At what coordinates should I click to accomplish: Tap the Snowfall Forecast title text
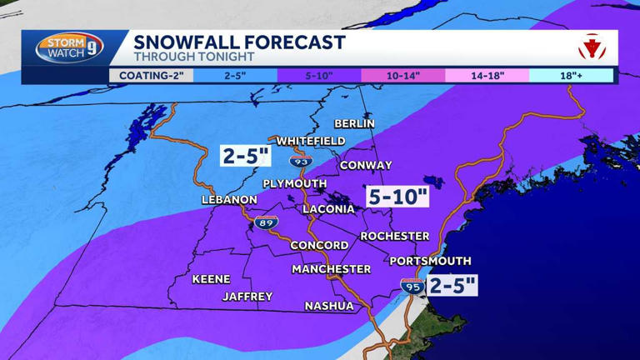point(239,42)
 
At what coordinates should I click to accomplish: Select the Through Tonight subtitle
point(183,57)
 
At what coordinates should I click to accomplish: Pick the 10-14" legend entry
point(402,75)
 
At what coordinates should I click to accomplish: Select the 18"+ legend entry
point(571,75)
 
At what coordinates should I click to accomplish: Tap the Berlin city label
point(354,123)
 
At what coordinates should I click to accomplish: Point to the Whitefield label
point(310,141)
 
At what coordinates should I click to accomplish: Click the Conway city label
point(366,165)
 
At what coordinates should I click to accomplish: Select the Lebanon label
point(229,200)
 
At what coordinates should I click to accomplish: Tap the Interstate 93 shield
point(302,159)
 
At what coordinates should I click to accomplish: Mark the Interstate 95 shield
point(411,286)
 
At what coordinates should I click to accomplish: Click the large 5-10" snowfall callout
point(397,197)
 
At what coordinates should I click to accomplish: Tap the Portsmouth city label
point(430,261)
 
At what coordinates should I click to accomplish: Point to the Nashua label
point(328,306)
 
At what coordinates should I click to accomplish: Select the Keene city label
point(211,279)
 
